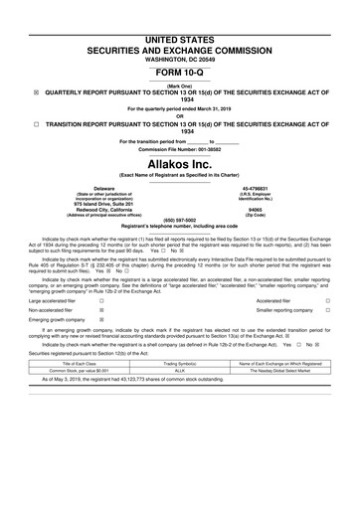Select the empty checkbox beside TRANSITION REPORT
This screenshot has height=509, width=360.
[x=36, y=123]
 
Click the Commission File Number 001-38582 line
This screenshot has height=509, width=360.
[x=180, y=149]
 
